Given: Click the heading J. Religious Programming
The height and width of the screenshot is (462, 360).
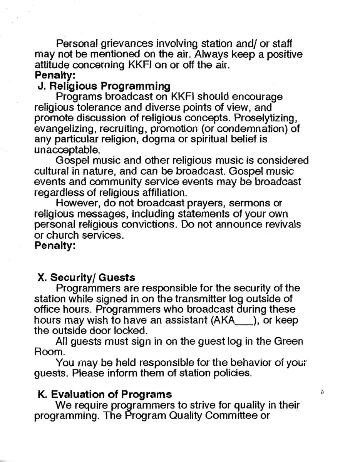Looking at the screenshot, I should tap(104, 86).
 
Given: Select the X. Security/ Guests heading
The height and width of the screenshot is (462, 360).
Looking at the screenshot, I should tap(86, 277).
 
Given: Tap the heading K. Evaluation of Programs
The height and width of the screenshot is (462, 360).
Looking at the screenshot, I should tap(105, 394).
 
